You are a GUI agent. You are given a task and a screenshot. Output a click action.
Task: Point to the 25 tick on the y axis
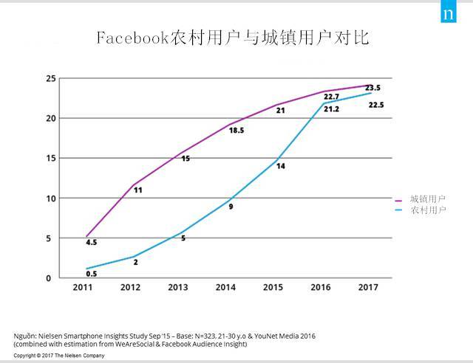tap(51, 78)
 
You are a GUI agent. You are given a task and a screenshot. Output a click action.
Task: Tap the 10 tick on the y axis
tap(51, 198)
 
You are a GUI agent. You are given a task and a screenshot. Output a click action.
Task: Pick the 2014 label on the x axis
tap(225, 287)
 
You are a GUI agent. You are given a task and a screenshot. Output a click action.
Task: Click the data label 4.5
tap(91, 242)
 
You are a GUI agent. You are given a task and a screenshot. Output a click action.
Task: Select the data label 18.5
tap(236, 130)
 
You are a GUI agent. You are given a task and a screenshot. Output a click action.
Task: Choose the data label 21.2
tap(330, 109)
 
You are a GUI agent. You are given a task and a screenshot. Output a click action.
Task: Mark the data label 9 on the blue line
tap(231, 207)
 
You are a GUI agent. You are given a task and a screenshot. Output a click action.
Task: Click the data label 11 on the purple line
tap(137, 190)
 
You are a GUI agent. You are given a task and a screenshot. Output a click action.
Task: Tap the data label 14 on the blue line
tap(281, 166)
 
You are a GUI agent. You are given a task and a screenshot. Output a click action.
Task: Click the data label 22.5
tap(375, 105)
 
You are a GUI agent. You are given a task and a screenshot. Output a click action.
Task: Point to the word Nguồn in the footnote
tap(27, 336)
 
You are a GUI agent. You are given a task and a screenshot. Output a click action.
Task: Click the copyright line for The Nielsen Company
tap(59, 356)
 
